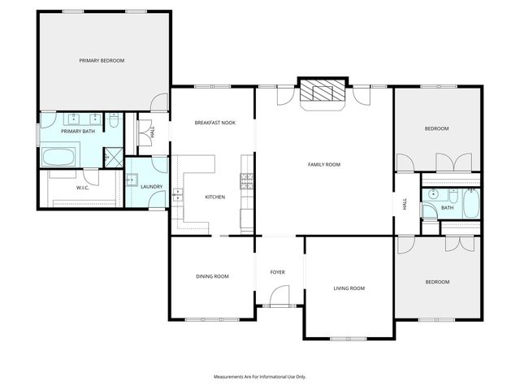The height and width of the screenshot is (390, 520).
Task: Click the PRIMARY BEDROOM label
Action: tap(102, 61)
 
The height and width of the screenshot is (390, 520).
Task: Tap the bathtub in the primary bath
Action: tap(58, 157)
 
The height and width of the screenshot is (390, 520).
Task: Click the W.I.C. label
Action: tap(82, 188)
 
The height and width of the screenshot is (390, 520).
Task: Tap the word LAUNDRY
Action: tap(151, 187)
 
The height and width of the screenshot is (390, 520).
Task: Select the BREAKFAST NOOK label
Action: tap(214, 123)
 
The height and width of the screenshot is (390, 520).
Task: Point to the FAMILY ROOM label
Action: tap(323, 164)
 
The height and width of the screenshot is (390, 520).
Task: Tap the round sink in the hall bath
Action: tap(434, 195)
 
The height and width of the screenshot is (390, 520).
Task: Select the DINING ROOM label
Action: tap(212, 276)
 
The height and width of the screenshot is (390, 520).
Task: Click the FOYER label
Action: tap(277, 272)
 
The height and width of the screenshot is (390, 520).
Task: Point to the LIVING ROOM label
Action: tap(349, 288)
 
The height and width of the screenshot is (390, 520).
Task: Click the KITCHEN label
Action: tap(214, 197)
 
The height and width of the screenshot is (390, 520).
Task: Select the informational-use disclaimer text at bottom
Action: tap(260, 377)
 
